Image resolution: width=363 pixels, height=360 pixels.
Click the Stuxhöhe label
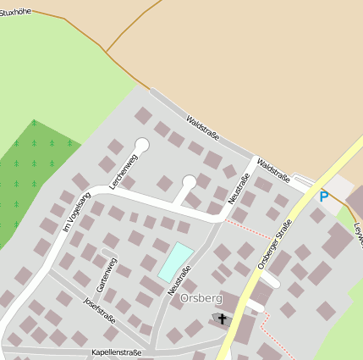(x=19, y=13)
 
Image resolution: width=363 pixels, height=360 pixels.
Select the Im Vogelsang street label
(x=76, y=211)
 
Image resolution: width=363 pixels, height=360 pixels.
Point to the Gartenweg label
(x=107, y=274)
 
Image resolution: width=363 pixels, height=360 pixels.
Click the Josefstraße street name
(x=99, y=310)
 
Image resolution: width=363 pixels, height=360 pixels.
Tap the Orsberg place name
(x=201, y=299)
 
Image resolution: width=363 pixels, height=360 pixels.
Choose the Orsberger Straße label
(x=274, y=243)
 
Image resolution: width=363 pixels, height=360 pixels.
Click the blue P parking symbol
(x=323, y=197)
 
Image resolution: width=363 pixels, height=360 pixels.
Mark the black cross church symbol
(x=223, y=319)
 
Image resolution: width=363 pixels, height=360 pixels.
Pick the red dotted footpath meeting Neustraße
(x=250, y=228)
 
